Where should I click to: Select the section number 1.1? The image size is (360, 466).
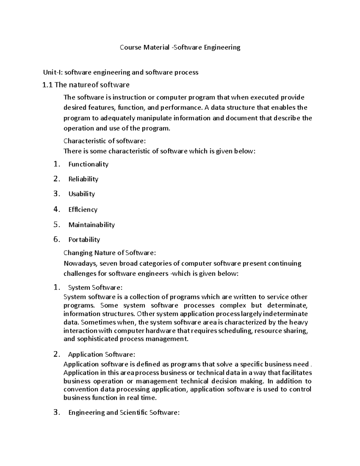coord(47,85)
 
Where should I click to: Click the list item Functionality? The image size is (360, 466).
coord(88,164)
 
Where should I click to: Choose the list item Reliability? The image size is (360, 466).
coord(83,179)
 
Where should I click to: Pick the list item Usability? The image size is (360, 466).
coord(81,194)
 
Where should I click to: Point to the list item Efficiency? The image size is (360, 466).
coord(83,209)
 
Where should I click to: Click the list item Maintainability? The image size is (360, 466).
coord(91,225)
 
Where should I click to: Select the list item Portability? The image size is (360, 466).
coord(84,239)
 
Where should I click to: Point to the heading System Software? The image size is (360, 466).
coord(95,287)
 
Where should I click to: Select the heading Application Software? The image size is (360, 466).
coord(101,354)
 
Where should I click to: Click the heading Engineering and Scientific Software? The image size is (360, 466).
coord(124,413)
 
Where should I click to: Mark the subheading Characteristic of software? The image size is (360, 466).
coord(104,141)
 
